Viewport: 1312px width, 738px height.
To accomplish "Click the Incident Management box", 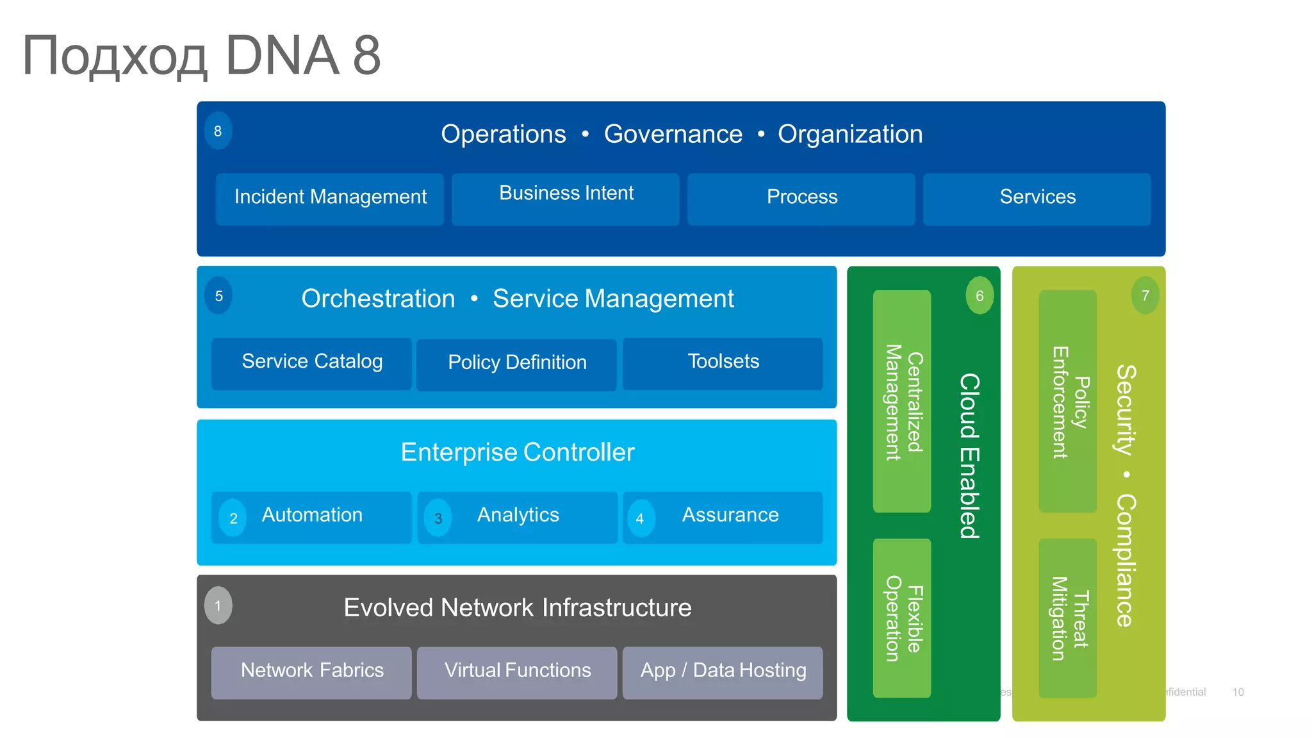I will [x=329, y=199].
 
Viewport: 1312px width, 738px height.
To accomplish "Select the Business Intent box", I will [x=565, y=199].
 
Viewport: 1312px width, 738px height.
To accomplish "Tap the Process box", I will [x=801, y=199].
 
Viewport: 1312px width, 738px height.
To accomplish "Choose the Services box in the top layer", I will [x=1037, y=199].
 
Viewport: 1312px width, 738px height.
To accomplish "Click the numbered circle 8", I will [x=218, y=131].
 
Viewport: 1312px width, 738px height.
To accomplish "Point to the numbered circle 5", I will [x=218, y=296].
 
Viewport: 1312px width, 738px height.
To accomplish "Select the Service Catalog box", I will [x=311, y=363].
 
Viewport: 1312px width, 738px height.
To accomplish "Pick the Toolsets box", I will [x=723, y=363].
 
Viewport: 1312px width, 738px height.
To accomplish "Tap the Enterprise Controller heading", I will [x=517, y=452].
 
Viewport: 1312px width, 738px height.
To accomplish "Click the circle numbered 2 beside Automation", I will [x=233, y=518].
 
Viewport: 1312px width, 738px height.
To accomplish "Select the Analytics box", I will [x=518, y=517].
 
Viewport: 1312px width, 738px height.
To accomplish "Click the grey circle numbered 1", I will [x=218, y=605].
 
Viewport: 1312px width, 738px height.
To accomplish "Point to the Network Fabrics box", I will [x=311, y=672].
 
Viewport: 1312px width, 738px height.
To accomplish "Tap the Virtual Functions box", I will [x=517, y=672].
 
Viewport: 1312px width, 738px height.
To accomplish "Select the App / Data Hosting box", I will [x=723, y=672].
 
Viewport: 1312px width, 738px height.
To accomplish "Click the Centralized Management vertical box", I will [x=901, y=402].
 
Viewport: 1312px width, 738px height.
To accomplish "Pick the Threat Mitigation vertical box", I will [x=1067, y=618].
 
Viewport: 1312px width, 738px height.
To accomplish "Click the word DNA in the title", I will [x=282, y=56].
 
